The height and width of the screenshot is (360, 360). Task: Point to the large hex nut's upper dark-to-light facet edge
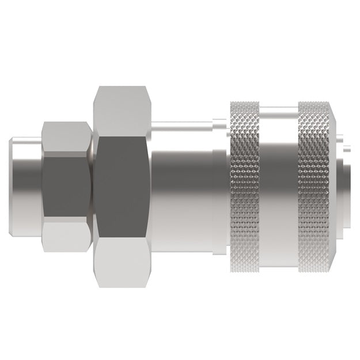122,137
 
